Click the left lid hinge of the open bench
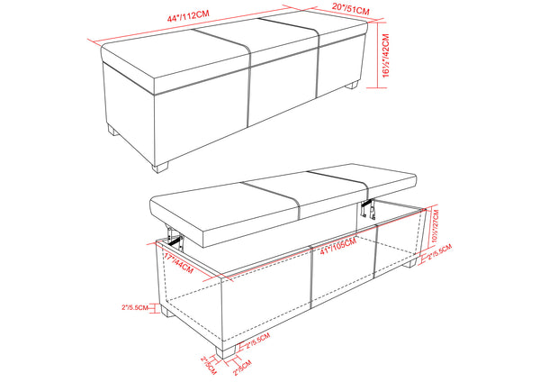[175, 237]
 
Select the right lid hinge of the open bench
[366, 209]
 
